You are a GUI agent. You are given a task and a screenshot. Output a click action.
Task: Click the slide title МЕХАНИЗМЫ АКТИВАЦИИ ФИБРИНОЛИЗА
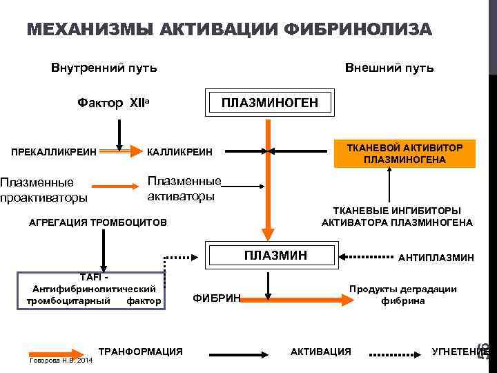(229, 30)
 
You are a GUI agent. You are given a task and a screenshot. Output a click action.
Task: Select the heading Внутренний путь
(104, 68)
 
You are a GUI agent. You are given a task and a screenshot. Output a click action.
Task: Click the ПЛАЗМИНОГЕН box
(269, 103)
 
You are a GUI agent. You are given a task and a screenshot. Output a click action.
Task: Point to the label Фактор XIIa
(114, 104)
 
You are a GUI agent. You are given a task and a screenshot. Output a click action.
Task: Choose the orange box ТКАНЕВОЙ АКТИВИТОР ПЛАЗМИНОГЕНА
(405, 153)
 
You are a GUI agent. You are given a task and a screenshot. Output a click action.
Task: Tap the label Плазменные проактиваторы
(43, 190)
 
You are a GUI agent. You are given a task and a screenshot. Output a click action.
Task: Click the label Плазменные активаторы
(184, 188)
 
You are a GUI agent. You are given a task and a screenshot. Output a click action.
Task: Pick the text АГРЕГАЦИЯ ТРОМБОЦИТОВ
(97, 223)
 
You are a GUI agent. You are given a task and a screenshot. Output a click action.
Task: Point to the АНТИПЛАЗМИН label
(436, 258)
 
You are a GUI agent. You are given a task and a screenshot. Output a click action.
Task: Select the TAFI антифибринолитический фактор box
(93, 288)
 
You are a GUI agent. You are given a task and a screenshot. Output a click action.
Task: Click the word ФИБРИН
(216, 298)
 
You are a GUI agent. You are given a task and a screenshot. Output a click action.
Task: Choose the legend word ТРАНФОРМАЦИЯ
(141, 352)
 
